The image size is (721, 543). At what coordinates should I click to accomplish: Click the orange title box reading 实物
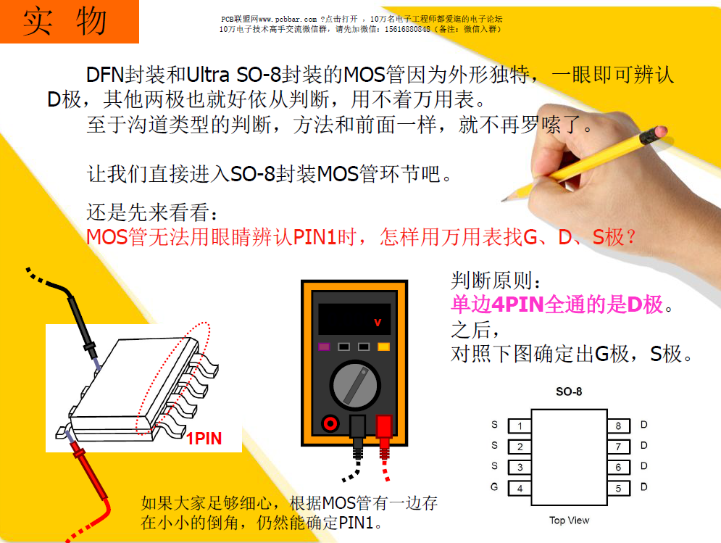(69, 22)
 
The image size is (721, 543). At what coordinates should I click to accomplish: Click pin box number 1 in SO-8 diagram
(520, 426)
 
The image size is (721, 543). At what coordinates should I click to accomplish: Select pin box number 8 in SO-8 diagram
(618, 426)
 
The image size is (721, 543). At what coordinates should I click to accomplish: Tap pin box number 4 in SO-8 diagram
(520, 488)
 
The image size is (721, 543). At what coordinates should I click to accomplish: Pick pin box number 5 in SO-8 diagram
(618, 488)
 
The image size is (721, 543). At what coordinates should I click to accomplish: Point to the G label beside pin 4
(495, 487)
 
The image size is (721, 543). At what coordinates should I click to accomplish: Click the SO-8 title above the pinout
(569, 391)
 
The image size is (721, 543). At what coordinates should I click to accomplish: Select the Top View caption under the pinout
(569, 520)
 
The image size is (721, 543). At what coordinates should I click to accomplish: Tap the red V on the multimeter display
(377, 321)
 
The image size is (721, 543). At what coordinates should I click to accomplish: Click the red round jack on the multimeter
(330, 423)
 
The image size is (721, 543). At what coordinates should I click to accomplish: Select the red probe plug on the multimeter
(383, 427)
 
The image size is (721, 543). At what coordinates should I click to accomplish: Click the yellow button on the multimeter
(383, 347)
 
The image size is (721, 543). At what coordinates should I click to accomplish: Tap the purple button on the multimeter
(325, 347)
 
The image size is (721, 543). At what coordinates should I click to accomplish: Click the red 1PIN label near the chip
(204, 439)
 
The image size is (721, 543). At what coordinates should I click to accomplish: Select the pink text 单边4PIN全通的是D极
(557, 304)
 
